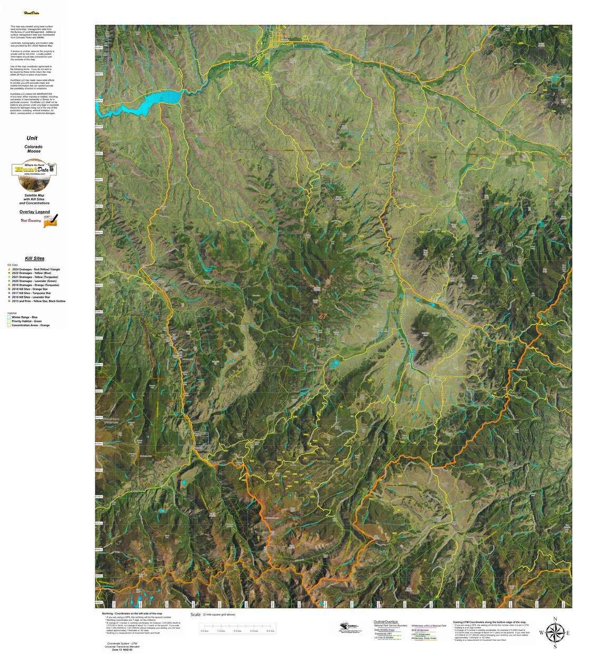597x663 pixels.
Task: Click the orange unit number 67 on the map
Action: [323, 316]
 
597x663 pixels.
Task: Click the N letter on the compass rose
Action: [554, 619]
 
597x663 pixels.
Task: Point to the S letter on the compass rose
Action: [554, 646]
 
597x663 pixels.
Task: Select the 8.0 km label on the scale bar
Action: [271, 631]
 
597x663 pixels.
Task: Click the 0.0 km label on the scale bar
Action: [204, 631]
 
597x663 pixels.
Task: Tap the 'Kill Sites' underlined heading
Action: [35, 258]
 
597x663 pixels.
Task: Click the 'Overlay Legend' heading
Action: [35, 212]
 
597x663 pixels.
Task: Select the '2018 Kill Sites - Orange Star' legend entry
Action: [30, 289]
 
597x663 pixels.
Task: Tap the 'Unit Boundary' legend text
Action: [31, 220]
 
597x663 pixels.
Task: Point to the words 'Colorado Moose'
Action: [34, 149]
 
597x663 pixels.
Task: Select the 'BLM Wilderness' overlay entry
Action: [420, 630]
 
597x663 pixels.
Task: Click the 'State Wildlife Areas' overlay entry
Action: [384, 630]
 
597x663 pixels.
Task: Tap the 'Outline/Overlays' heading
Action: [386, 622]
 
